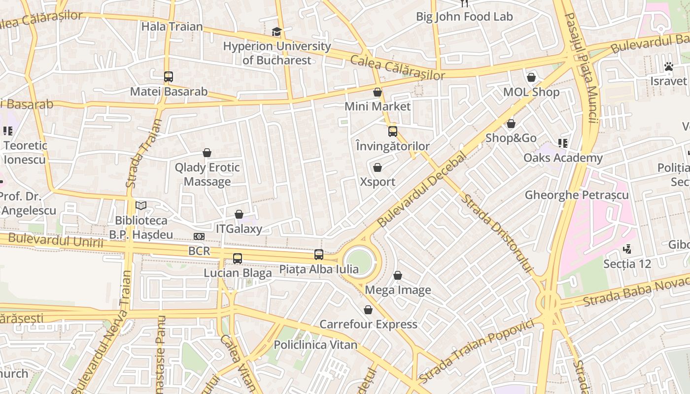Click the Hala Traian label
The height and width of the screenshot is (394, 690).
point(172,27)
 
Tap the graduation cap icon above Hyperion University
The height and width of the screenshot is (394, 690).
point(276,32)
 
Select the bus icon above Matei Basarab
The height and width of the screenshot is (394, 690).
point(169,77)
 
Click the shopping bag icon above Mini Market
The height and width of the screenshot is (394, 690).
point(378,92)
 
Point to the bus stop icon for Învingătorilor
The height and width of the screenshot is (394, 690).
point(393,131)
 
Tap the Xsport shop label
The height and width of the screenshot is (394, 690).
point(378,182)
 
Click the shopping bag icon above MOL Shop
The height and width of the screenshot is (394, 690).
point(531,77)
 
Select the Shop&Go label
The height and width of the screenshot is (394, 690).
point(511,138)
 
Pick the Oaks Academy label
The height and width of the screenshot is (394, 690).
point(563,158)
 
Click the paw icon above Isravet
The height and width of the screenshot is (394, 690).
point(668,66)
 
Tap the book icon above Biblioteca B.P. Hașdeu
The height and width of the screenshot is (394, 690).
point(141,205)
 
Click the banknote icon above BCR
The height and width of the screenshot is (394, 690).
point(199,237)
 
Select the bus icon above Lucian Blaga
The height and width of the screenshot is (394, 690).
point(238,258)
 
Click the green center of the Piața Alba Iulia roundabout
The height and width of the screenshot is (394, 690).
point(359,261)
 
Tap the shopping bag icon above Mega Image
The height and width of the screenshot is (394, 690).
point(398,275)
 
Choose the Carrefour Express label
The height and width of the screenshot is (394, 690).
point(369,324)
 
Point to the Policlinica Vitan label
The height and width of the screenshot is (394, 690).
point(315,345)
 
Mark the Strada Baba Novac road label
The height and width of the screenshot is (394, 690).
point(636,291)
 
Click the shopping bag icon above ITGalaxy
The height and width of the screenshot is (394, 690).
point(239,214)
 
